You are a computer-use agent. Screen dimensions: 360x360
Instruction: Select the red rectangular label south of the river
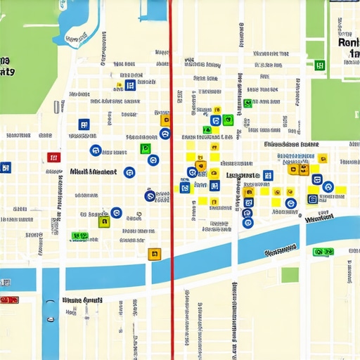[9, 300]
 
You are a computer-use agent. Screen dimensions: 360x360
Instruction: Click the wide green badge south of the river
[324, 252]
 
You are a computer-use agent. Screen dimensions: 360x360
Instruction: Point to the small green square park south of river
[290, 275]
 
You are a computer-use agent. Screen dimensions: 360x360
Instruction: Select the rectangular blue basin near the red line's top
[154, 9]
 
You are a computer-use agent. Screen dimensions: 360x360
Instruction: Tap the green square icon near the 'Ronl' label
[321, 65]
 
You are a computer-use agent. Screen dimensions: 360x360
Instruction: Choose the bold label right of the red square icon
[94, 172]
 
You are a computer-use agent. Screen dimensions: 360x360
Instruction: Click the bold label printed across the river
[280, 251]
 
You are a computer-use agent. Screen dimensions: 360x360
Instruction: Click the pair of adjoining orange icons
[299, 169]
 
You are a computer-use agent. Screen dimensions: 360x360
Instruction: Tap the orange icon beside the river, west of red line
[154, 254]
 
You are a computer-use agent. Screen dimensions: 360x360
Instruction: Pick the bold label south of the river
[82, 300]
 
